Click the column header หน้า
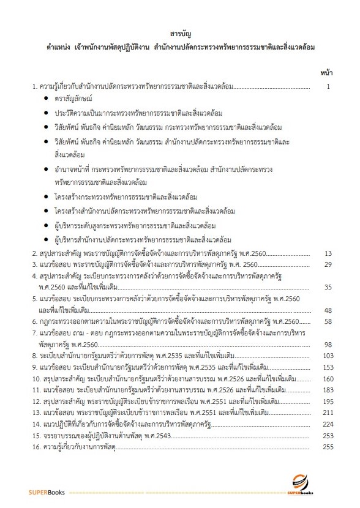pos(326,73)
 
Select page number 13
pos(328,253)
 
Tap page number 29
pos(328,264)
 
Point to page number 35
pos(328,287)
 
